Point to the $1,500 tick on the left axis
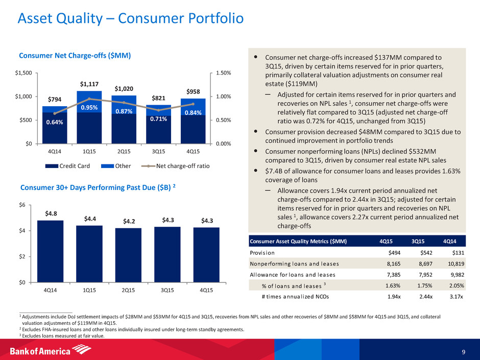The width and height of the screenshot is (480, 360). click(22, 73)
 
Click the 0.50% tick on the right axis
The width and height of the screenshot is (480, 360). click(221, 120)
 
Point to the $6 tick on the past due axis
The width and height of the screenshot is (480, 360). click(24, 205)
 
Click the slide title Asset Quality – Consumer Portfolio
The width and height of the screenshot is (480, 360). click(130, 19)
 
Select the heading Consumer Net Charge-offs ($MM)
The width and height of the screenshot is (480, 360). click(75, 55)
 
